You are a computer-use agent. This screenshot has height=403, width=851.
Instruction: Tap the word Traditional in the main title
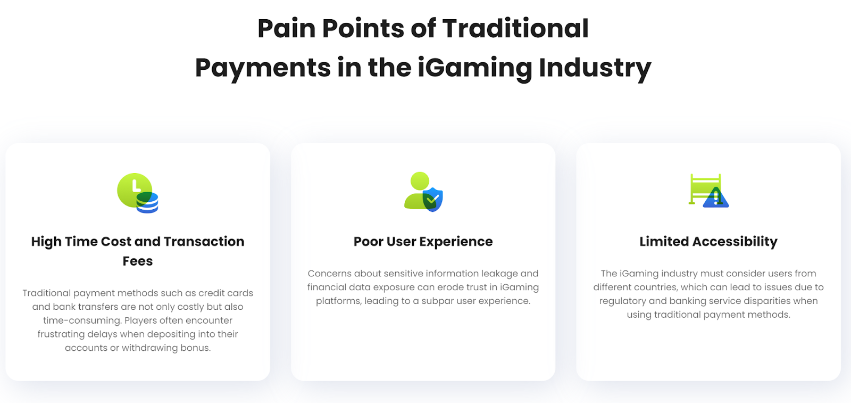point(515,29)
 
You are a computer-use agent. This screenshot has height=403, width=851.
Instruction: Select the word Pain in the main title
point(287,29)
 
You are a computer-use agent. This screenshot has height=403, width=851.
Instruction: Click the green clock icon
point(134,190)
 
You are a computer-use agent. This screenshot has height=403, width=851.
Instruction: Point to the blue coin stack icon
point(147,203)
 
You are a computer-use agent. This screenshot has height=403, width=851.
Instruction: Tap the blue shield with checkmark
point(433,199)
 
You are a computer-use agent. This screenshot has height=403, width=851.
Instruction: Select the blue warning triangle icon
point(716,198)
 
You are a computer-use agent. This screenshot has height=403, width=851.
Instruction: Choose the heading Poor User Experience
point(423,241)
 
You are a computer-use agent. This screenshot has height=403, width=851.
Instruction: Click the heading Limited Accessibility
point(708,241)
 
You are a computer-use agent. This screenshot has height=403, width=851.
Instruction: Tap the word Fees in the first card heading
point(138,261)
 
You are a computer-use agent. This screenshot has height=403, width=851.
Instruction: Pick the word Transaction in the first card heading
point(204,241)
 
